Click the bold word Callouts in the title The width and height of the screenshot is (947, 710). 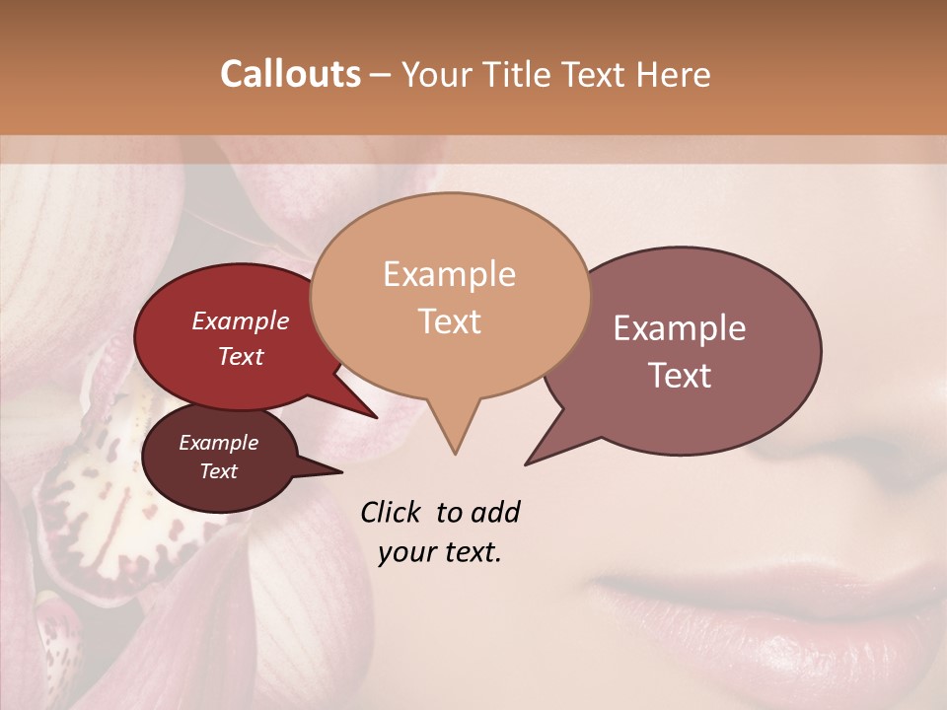click(290, 74)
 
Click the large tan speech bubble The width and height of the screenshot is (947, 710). click(450, 296)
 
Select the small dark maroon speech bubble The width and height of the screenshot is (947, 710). click(219, 457)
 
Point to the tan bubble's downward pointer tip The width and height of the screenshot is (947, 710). click(455, 453)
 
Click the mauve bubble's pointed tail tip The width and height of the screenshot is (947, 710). click(527, 463)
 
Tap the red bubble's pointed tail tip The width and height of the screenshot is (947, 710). click(376, 417)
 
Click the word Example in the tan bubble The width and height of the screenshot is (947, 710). click(450, 274)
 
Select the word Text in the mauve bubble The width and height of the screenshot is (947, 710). click(681, 376)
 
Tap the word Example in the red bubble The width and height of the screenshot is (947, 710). click(241, 320)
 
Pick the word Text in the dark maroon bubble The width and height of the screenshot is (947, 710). click(219, 471)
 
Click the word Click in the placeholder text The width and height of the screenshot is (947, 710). click(392, 512)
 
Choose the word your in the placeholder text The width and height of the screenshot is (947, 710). click(404, 552)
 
